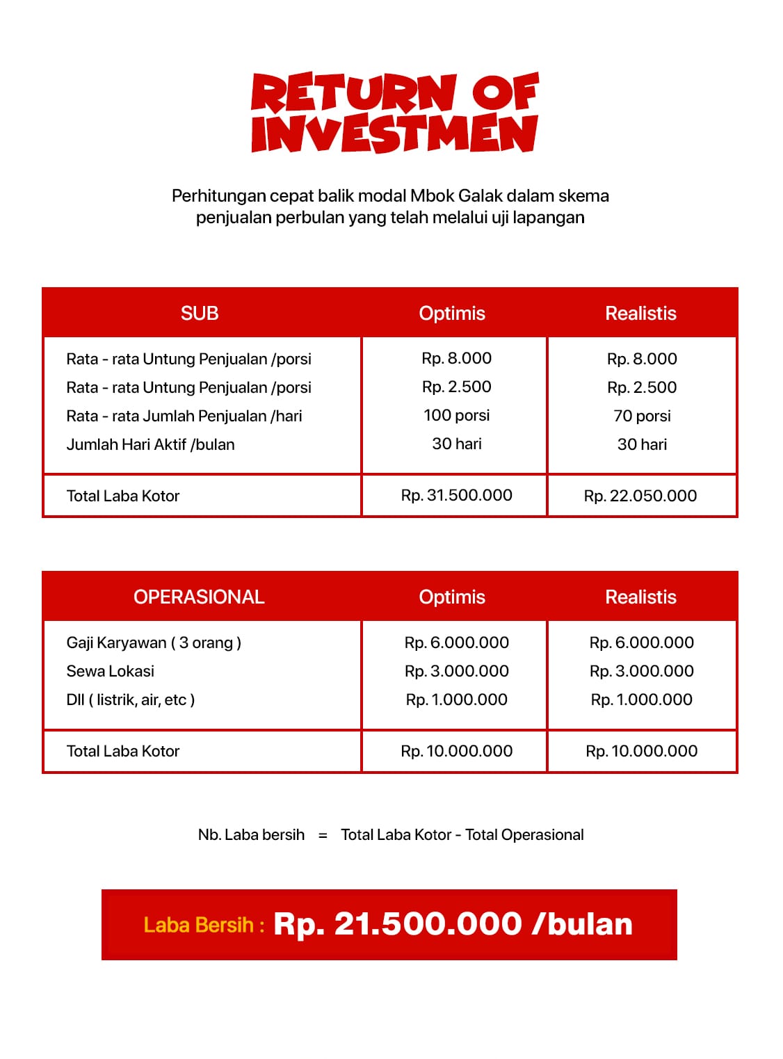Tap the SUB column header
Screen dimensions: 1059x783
pyautogui.click(x=200, y=313)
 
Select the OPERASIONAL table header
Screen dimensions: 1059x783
pyautogui.click(x=199, y=597)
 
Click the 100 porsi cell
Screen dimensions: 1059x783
pyautogui.click(x=456, y=415)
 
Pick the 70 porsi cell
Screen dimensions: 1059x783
pyautogui.click(x=642, y=416)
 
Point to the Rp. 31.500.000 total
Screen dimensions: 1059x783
pyautogui.click(x=456, y=495)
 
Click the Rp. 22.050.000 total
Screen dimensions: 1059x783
pyautogui.click(x=640, y=496)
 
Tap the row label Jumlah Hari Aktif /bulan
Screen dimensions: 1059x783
pyautogui.click(x=150, y=444)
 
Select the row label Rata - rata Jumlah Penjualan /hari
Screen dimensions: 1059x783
pyautogui.click(x=184, y=416)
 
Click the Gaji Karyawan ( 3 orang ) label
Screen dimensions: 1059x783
pyautogui.click(x=154, y=642)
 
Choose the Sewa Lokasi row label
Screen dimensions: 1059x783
pyautogui.click(x=110, y=671)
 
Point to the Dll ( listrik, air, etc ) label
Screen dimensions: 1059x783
pyautogui.click(x=131, y=700)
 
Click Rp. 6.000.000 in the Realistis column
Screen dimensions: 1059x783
pyautogui.click(x=641, y=642)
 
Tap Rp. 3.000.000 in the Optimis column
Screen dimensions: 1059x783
pyautogui.click(x=456, y=671)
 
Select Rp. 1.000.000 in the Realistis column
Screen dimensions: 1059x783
pyautogui.click(x=641, y=700)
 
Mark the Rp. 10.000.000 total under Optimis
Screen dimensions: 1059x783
pyautogui.click(x=456, y=751)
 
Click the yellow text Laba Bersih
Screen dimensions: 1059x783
pyautogui.click(x=199, y=925)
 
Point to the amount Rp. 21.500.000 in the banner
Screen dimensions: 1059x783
pyautogui.click(x=398, y=924)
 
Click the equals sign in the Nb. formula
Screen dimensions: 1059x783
pyautogui.click(x=323, y=835)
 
